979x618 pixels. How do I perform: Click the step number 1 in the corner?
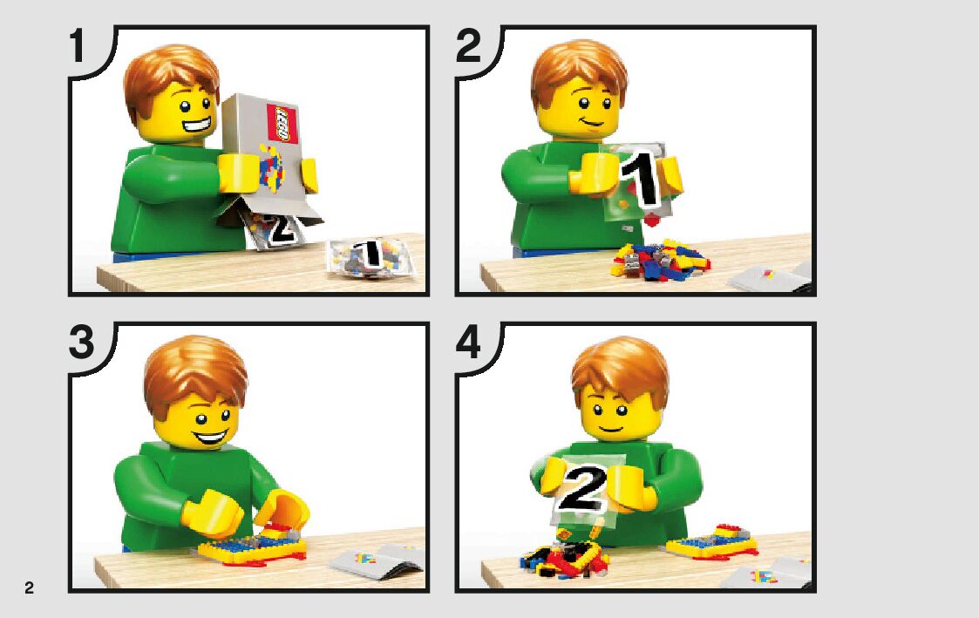(x=77, y=45)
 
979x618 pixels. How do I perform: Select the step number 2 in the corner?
(x=468, y=45)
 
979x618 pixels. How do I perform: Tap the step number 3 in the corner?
(x=82, y=343)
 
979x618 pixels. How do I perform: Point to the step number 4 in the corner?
(x=469, y=343)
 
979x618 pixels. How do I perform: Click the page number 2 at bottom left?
(x=29, y=587)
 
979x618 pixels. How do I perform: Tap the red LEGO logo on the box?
(x=282, y=123)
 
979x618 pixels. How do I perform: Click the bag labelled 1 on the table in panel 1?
(x=371, y=257)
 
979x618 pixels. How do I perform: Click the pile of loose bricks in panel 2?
(x=661, y=260)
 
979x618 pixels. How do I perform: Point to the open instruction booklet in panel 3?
(x=378, y=560)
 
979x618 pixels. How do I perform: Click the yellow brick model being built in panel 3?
(x=252, y=547)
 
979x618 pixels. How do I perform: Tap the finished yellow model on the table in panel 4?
(x=711, y=543)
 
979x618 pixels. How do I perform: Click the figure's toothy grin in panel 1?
(x=197, y=125)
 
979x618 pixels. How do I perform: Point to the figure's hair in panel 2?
(x=578, y=69)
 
